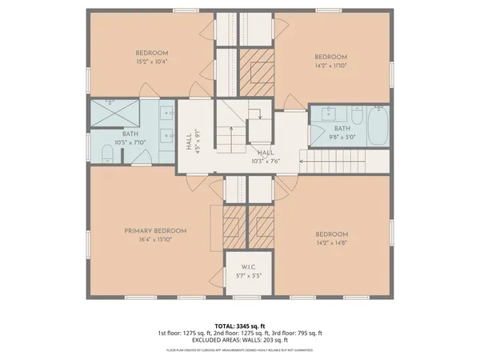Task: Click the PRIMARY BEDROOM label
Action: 149,230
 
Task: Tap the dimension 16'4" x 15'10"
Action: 149,238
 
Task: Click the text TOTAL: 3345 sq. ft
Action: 240,326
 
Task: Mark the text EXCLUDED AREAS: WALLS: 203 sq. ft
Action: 240,340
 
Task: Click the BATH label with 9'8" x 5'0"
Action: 342,129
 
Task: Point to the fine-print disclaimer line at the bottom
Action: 240,350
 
